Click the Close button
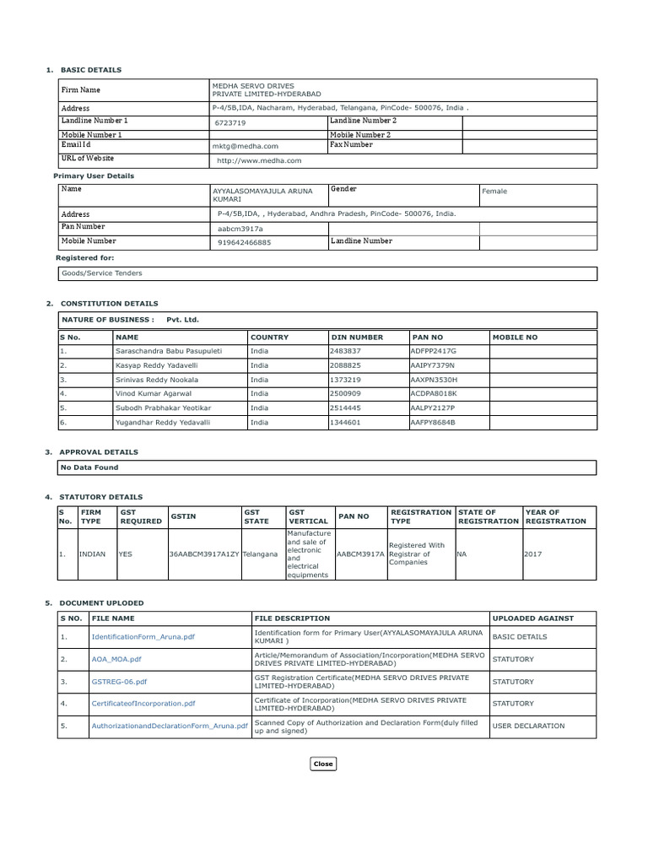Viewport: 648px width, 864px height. pos(323,764)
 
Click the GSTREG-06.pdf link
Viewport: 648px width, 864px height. pos(119,681)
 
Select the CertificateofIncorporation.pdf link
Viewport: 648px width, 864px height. pos(143,703)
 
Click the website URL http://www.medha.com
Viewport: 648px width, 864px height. pos(259,159)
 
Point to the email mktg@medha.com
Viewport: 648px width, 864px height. pos(246,146)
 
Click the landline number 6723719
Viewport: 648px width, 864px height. pos(230,122)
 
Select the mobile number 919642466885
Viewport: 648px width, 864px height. pos(245,242)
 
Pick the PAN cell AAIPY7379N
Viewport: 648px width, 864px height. pos(433,365)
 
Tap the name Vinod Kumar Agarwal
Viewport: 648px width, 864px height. pos(154,393)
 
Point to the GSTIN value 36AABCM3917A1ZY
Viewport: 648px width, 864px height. pos(204,554)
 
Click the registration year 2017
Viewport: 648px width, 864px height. pos(533,554)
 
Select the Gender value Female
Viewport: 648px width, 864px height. pos(494,192)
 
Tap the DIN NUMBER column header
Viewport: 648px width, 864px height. pos(358,337)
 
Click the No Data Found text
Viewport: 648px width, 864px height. pos(89,467)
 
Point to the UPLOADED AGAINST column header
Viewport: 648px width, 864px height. pos(532,618)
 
